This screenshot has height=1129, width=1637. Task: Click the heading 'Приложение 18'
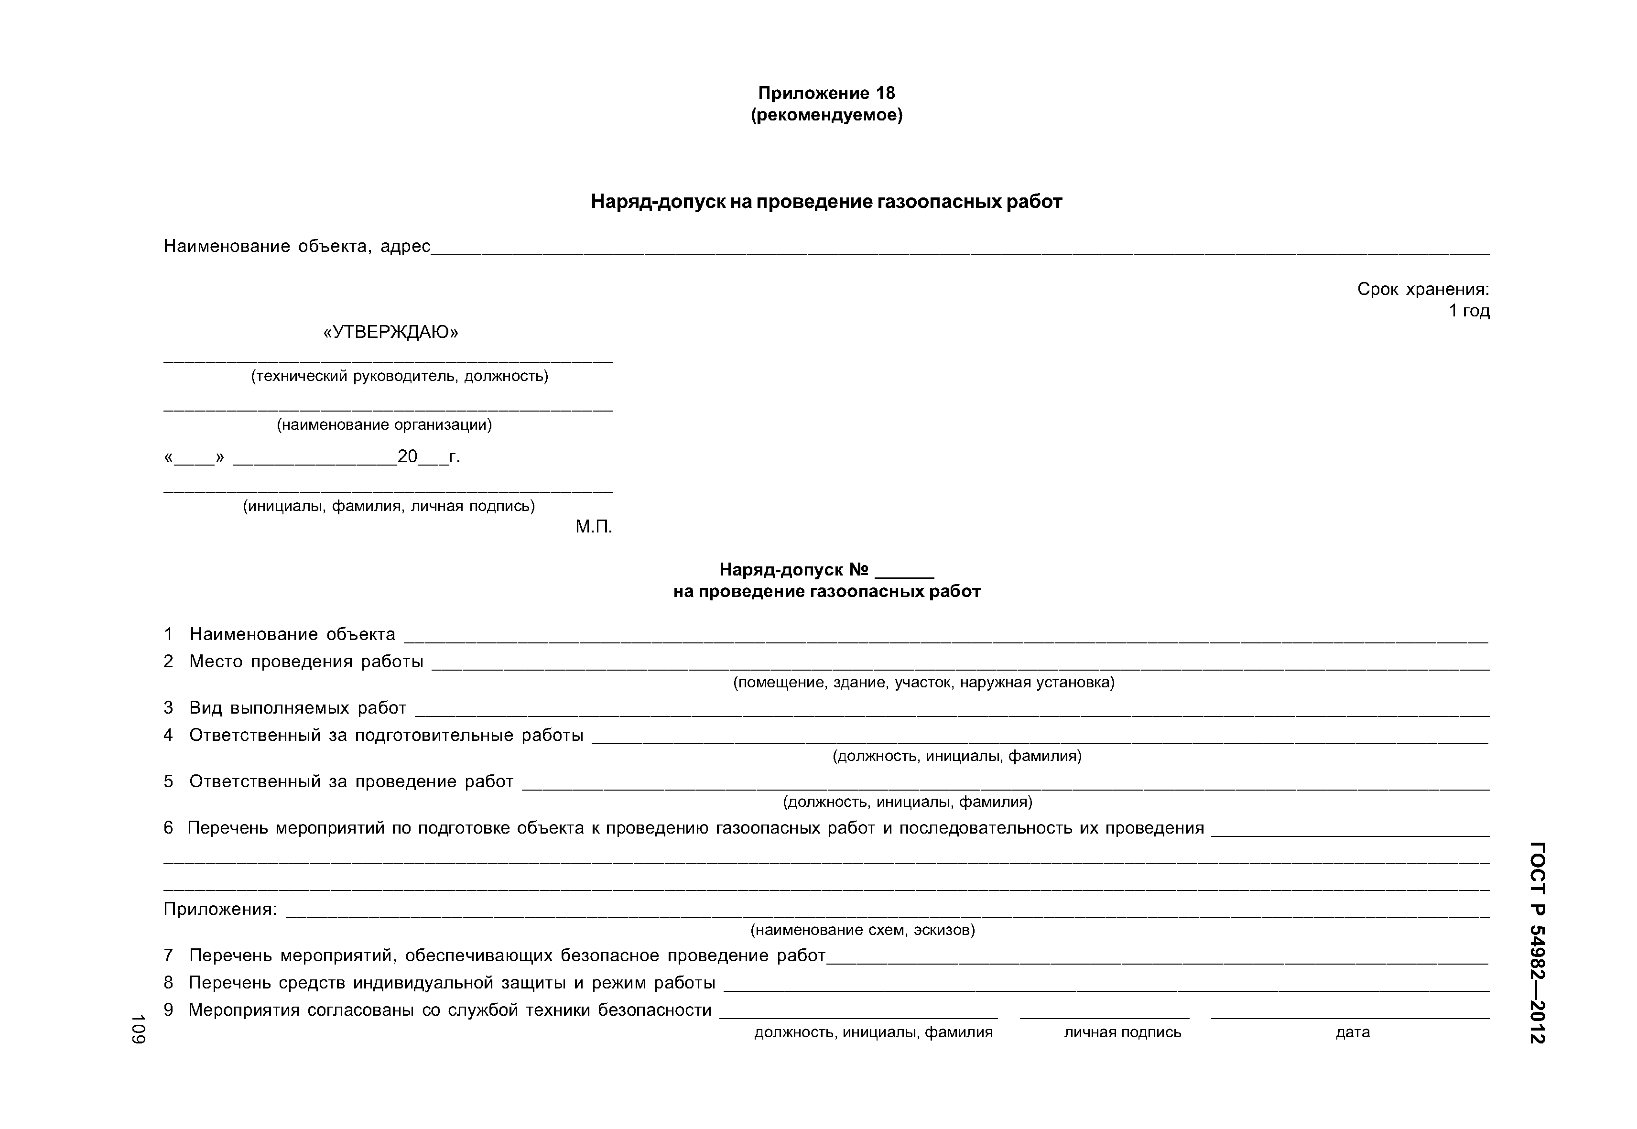[x=826, y=93]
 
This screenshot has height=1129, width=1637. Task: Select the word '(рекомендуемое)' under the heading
[x=826, y=115]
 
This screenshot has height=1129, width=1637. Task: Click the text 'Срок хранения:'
[x=1423, y=289]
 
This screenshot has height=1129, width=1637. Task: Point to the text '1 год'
[x=1469, y=311]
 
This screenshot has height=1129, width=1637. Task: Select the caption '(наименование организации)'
[x=384, y=424]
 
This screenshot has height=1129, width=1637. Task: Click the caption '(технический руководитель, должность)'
[x=400, y=376]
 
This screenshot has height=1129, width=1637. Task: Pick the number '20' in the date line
[x=408, y=457]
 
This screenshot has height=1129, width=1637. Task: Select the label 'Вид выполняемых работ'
[x=297, y=708]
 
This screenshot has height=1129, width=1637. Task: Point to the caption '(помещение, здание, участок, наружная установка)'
[x=923, y=683]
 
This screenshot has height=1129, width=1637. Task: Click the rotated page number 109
[x=138, y=1029]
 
